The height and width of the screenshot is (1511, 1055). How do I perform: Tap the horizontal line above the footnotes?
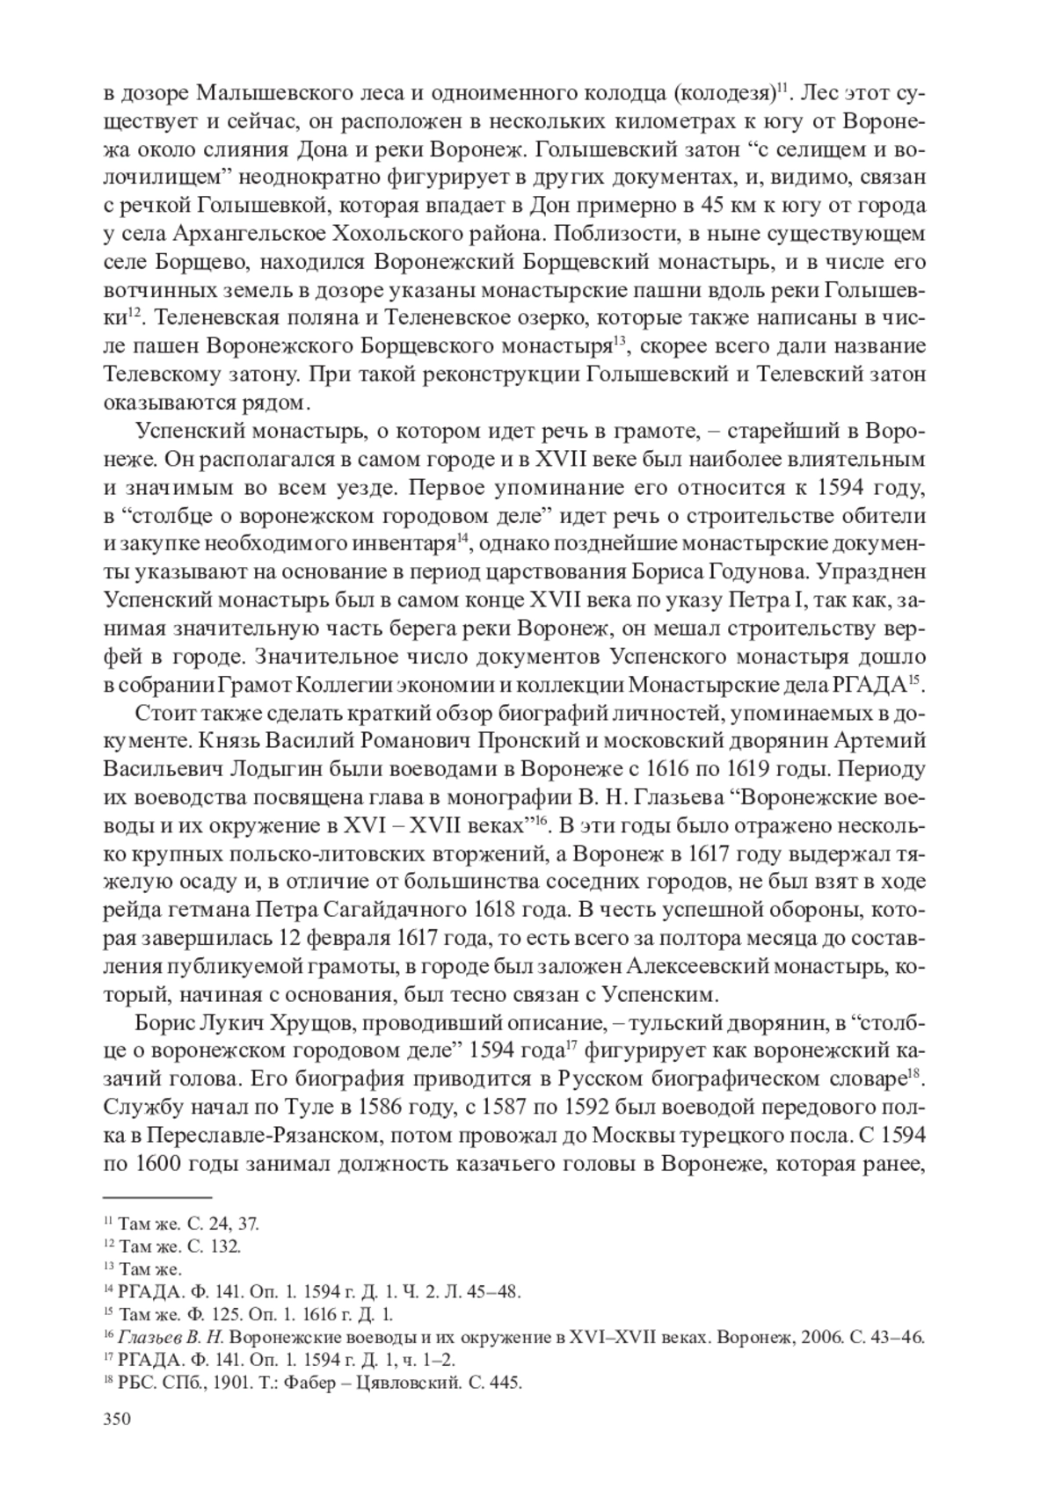coord(158,1196)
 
